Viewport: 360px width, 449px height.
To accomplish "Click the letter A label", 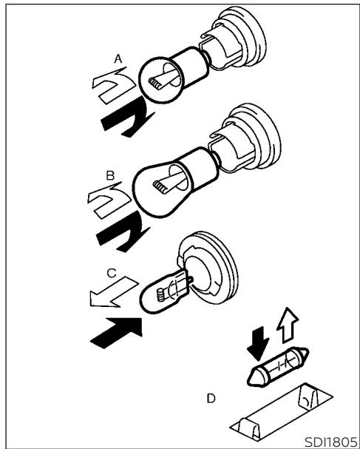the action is pos(118,59).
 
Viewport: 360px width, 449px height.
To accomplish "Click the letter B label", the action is pos(110,175).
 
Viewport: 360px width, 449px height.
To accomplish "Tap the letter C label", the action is pos(112,273).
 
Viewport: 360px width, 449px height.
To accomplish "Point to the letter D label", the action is pos(211,399).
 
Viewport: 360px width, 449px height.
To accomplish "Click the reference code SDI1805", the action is pos(330,442).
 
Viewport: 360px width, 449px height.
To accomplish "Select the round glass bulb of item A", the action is pos(160,80).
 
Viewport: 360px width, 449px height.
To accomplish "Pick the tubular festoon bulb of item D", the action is pos(278,367).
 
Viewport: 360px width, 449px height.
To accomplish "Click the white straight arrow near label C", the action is pos(114,293).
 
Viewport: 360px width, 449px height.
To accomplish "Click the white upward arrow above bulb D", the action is pos(288,325).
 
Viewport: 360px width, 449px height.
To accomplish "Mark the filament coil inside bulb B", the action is pos(159,187).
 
